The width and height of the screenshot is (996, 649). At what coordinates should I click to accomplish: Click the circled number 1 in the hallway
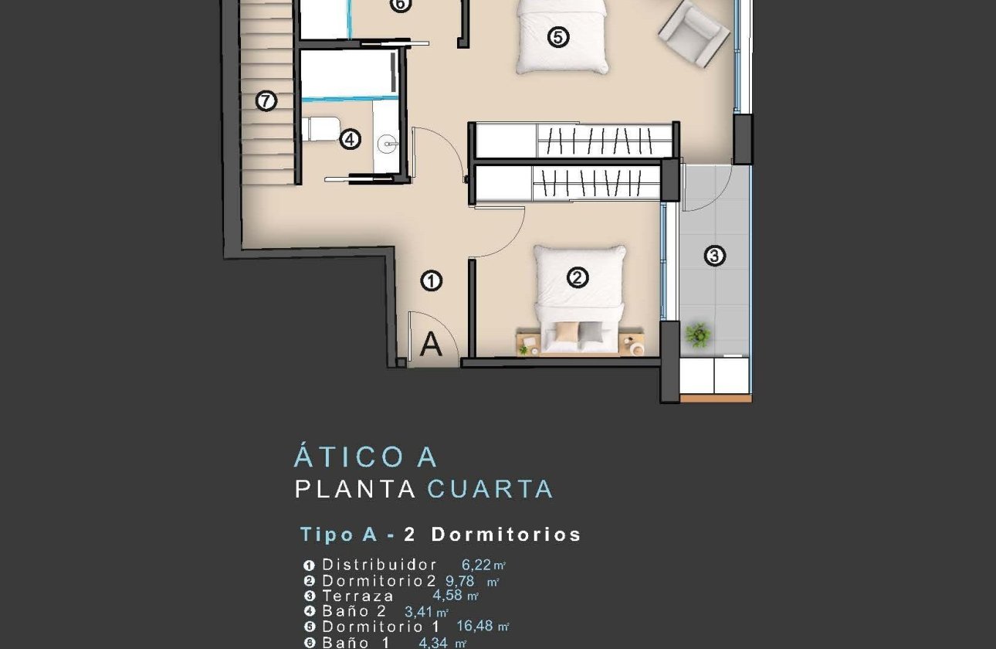[x=431, y=281]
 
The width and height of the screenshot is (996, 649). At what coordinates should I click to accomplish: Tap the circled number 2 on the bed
[x=578, y=278]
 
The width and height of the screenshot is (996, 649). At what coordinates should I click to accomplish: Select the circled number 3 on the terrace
[x=715, y=256]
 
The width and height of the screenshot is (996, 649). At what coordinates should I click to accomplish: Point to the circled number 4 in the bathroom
[x=350, y=140]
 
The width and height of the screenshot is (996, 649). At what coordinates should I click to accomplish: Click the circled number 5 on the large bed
[x=557, y=36]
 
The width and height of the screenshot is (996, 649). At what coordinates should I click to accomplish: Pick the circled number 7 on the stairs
[x=266, y=100]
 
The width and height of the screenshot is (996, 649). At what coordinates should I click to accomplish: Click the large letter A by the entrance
[x=431, y=345]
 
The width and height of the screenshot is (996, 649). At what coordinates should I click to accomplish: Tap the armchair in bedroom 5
[x=694, y=32]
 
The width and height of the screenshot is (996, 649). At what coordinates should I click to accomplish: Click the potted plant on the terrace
[x=698, y=334]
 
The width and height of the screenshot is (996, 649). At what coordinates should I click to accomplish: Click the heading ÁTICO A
[x=365, y=457]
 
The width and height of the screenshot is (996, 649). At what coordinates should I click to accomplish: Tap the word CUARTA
[x=490, y=489]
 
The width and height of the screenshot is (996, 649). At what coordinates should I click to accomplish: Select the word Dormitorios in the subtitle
[x=506, y=534]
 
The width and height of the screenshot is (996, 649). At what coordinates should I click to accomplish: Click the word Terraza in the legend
[x=358, y=596]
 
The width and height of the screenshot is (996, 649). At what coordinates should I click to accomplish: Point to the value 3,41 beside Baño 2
[x=420, y=611]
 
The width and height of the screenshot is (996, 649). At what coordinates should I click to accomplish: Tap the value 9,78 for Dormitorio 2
[x=460, y=580]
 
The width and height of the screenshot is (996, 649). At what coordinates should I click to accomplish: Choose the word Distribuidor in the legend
[x=380, y=565]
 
